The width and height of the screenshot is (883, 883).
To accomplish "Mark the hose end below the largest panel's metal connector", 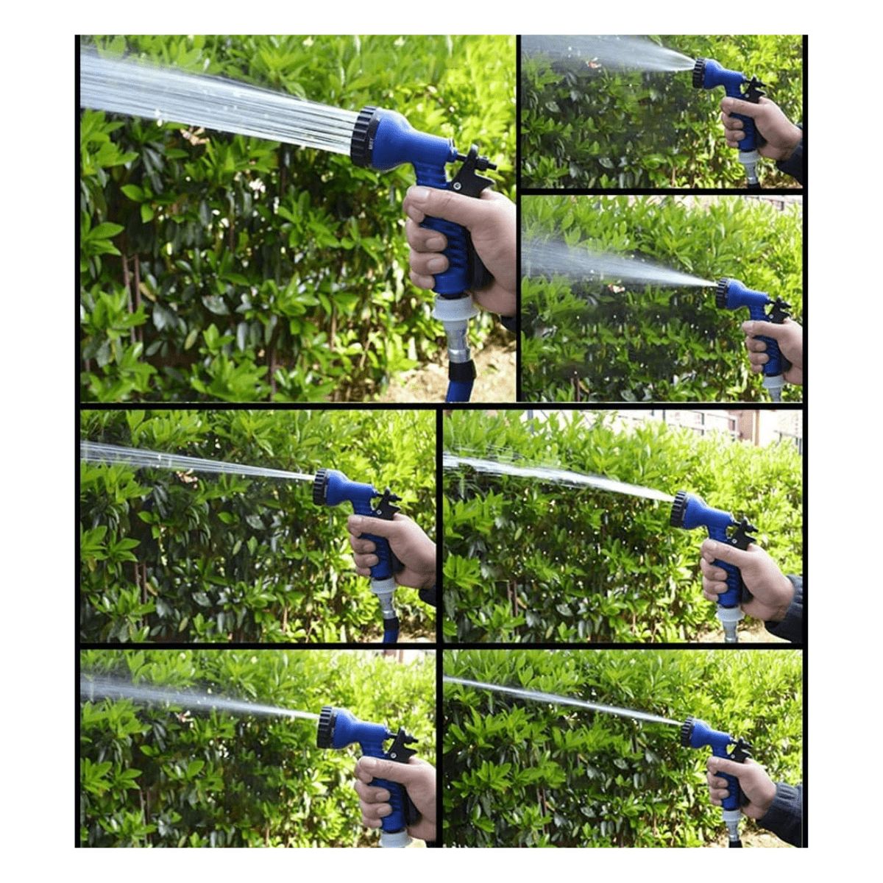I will pyautogui.click(x=461, y=383).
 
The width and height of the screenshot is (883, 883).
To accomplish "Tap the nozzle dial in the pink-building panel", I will pyautogui.click(x=678, y=509).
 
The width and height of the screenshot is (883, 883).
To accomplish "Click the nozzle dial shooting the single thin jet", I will pyautogui.click(x=687, y=731).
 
